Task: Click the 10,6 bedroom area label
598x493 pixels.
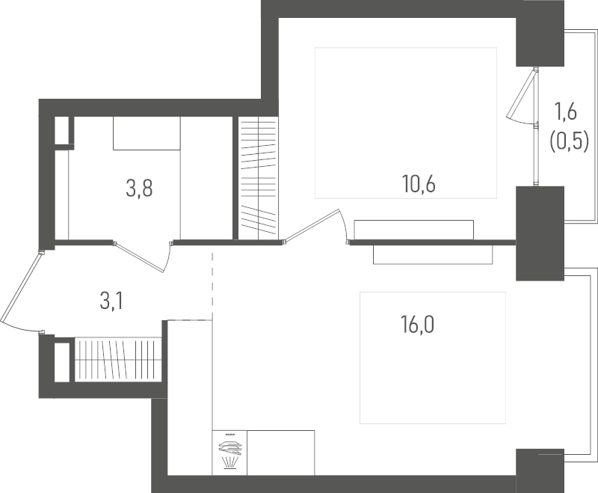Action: click(419, 184)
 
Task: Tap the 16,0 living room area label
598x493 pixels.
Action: click(417, 325)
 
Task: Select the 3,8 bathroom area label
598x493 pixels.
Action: click(139, 189)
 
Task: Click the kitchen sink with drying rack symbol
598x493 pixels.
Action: click(229, 453)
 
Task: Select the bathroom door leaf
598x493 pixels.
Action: click(141, 257)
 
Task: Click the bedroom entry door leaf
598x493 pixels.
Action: click(312, 225)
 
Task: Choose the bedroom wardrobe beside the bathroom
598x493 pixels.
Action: click(259, 178)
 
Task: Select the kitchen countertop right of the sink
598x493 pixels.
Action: click(281, 453)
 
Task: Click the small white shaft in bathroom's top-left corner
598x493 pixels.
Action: click(61, 129)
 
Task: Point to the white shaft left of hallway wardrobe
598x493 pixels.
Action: click(62, 362)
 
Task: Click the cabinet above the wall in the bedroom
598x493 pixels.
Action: click(414, 230)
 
